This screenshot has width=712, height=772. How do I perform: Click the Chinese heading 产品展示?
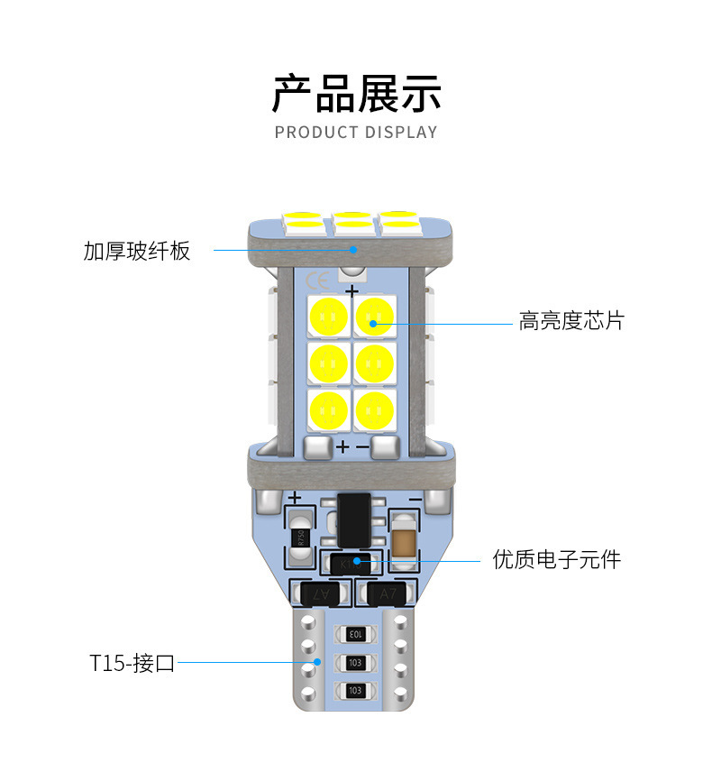click(355, 94)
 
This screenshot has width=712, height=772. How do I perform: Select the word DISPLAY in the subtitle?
click(401, 133)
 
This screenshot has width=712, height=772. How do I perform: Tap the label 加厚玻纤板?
click(137, 251)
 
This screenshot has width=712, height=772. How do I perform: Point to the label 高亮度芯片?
click(571, 321)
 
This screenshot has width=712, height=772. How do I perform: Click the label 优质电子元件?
click(557, 559)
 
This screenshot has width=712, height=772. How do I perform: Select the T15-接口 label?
click(132, 664)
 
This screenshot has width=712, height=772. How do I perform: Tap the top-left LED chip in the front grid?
click(328, 316)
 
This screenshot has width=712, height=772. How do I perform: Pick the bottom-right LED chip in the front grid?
click(374, 410)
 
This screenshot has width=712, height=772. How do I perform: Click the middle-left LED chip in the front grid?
click(328, 363)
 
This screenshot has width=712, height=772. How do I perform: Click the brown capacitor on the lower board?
click(404, 542)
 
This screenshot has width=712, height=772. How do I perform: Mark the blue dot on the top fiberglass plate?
click(354, 249)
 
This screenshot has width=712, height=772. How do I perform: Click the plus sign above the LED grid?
click(351, 292)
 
